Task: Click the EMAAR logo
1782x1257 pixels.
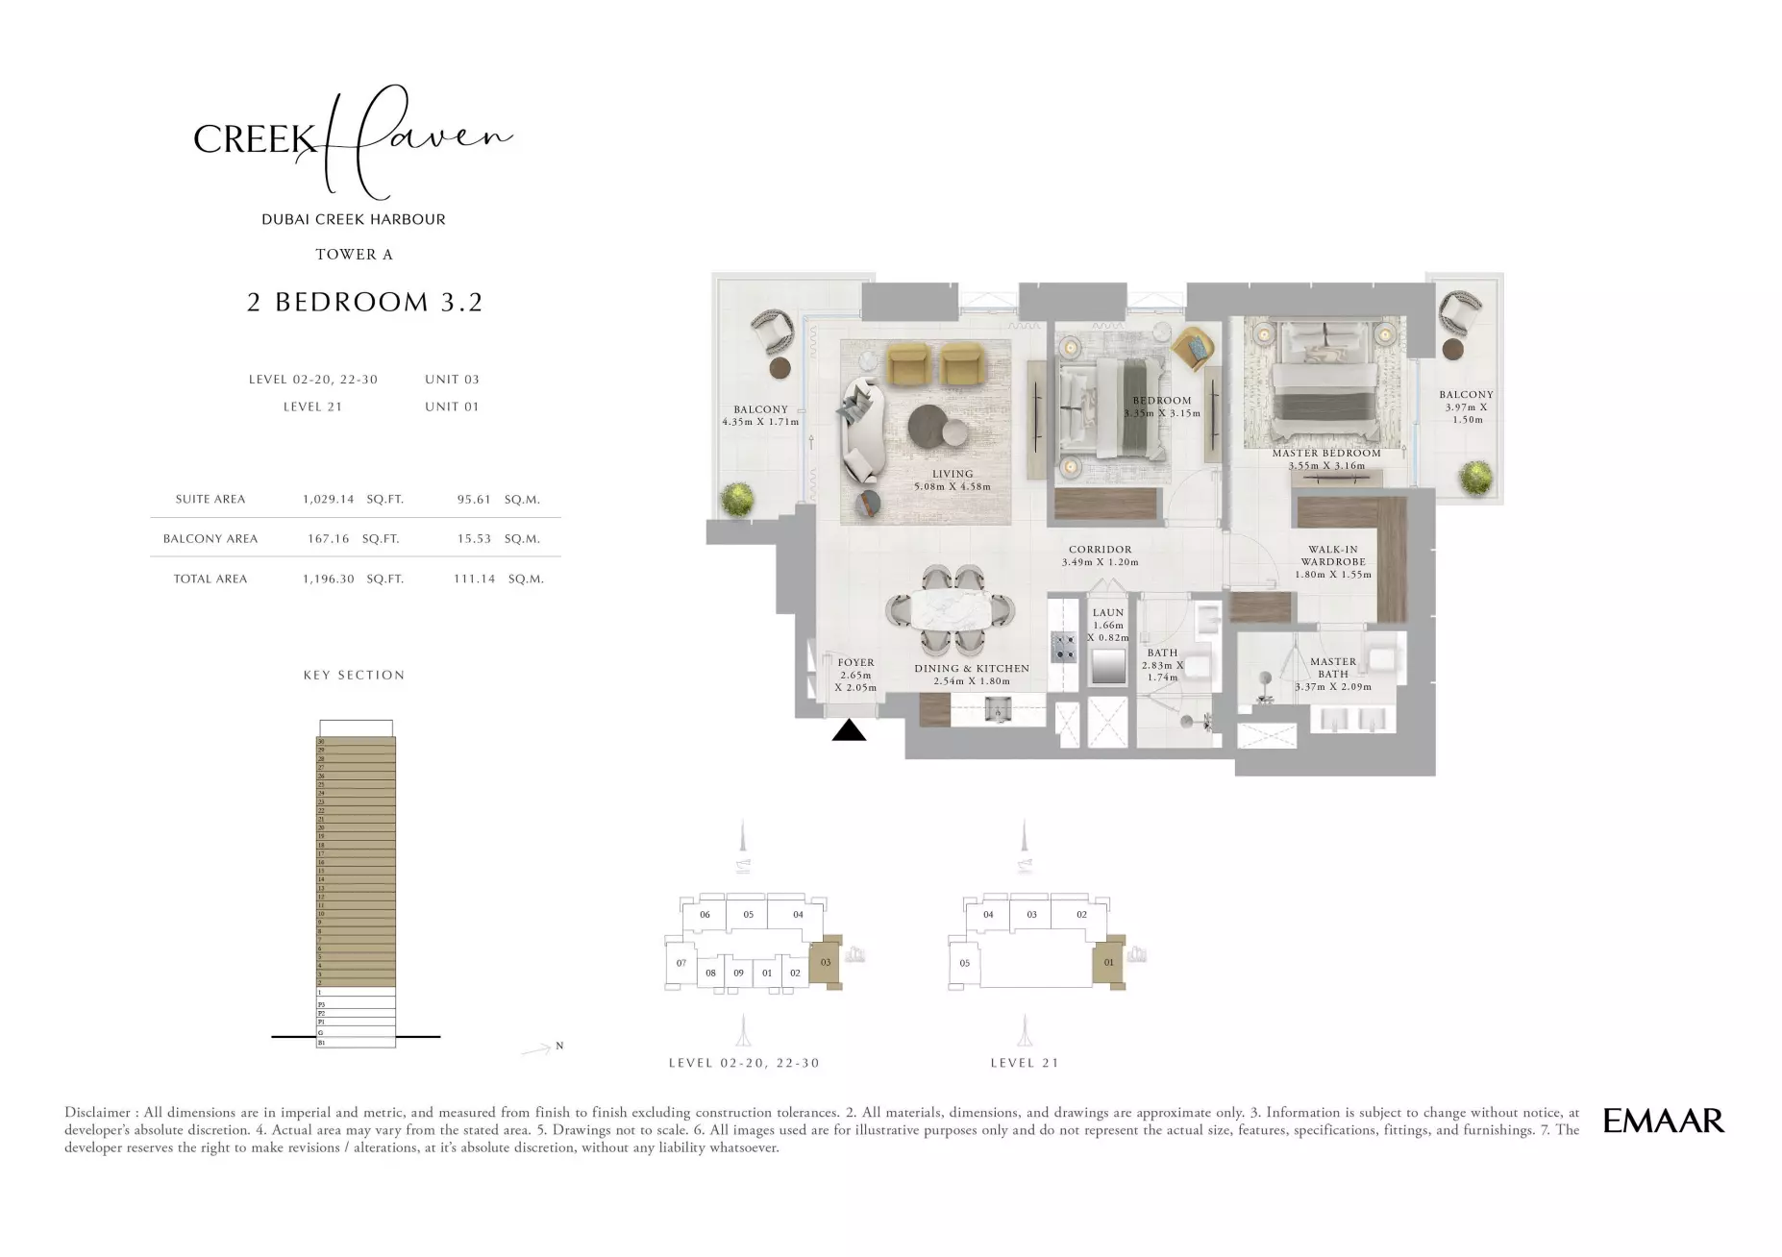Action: coord(1664,1121)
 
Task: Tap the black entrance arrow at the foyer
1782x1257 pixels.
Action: coord(849,731)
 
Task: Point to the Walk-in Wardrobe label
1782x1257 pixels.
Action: coord(1333,562)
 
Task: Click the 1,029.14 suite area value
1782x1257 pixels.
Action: coord(328,499)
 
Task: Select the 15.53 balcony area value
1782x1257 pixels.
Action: coord(474,538)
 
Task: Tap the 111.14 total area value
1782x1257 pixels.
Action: coord(474,579)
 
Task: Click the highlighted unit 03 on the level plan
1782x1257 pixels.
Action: coord(825,962)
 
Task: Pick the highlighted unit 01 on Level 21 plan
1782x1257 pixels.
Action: coord(1108,962)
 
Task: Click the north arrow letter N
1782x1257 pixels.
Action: coord(559,1046)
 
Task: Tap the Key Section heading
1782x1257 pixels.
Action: coord(354,675)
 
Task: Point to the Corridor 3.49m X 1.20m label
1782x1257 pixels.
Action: coord(1100,555)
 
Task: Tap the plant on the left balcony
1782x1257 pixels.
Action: coord(737,498)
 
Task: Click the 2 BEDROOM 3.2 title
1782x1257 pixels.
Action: coord(364,302)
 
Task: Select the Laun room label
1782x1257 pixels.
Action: coord(1108,625)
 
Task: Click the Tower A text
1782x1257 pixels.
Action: coord(354,255)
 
